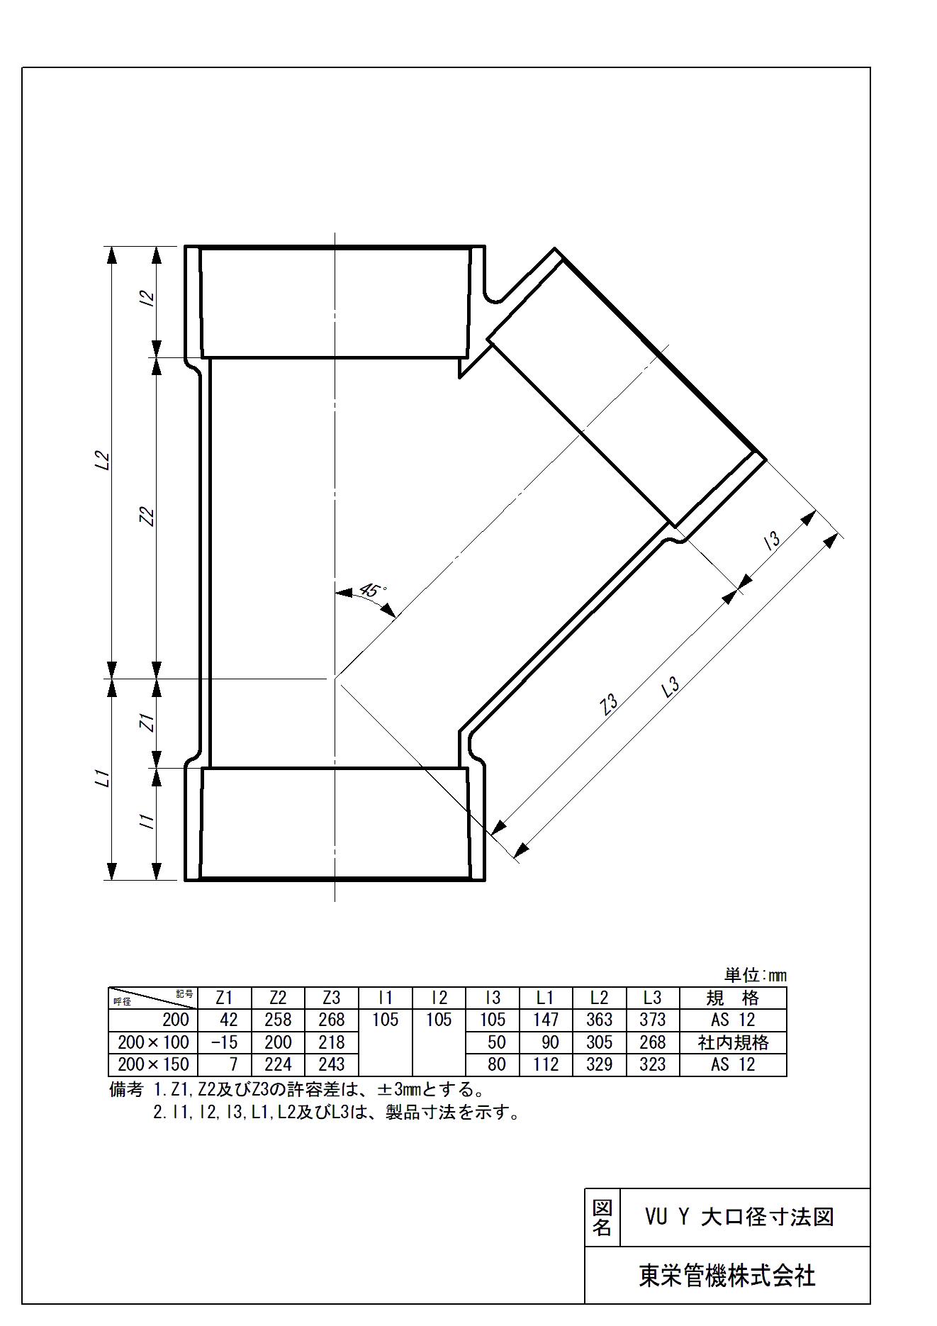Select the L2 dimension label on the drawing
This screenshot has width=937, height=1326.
click(x=103, y=461)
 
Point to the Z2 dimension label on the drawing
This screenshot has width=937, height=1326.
click(x=148, y=516)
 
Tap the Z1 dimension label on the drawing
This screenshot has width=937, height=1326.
click(x=147, y=723)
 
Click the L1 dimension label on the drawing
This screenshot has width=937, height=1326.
click(x=103, y=779)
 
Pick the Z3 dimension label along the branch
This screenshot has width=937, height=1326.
click(x=609, y=704)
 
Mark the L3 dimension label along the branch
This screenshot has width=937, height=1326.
click(x=670, y=687)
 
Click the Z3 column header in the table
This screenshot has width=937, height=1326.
click(x=331, y=998)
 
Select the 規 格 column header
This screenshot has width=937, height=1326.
click(x=733, y=998)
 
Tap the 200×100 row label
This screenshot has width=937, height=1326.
click(x=154, y=1042)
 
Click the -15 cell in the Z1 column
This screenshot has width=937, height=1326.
click(x=225, y=1042)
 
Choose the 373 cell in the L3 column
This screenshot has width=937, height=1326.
click(x=653, y=1020)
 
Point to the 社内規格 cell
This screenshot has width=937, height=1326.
click(x=733, y=1042)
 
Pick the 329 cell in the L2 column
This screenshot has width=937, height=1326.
click(x=599, y=1064)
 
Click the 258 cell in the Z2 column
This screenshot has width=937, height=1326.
click(x=278, y=1020)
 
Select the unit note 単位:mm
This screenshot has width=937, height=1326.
click(x=756, y=975)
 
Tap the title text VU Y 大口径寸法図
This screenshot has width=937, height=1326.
click(x=739, y=1218)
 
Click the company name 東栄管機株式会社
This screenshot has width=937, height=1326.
click(x=727, y=1276)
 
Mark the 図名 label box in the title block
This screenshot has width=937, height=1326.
click(x=602, y=1218)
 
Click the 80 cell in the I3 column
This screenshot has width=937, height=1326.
click(x=497, y=1064)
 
